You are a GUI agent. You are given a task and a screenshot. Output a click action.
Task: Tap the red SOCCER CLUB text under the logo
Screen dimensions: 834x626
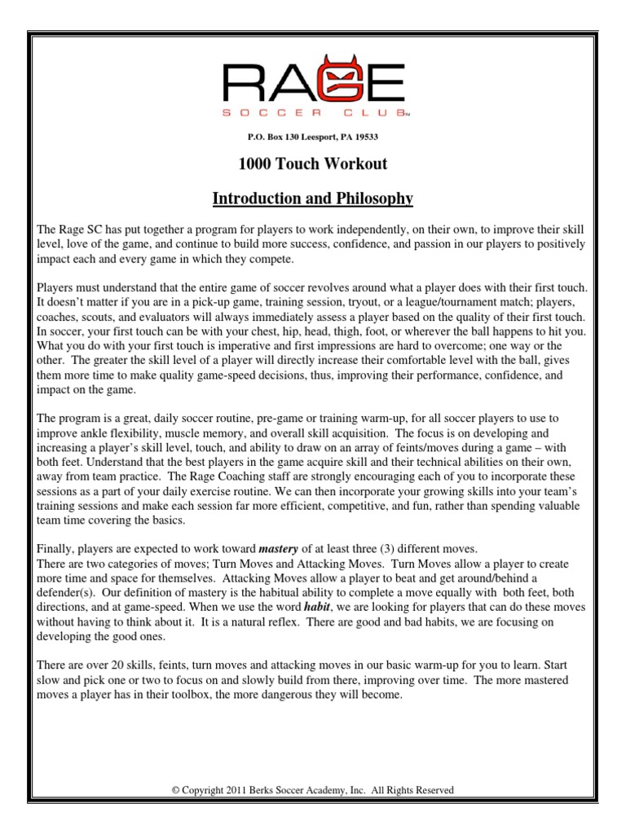[312, 114]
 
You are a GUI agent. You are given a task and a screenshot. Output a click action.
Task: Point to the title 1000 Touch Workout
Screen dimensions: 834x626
[312, 165]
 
